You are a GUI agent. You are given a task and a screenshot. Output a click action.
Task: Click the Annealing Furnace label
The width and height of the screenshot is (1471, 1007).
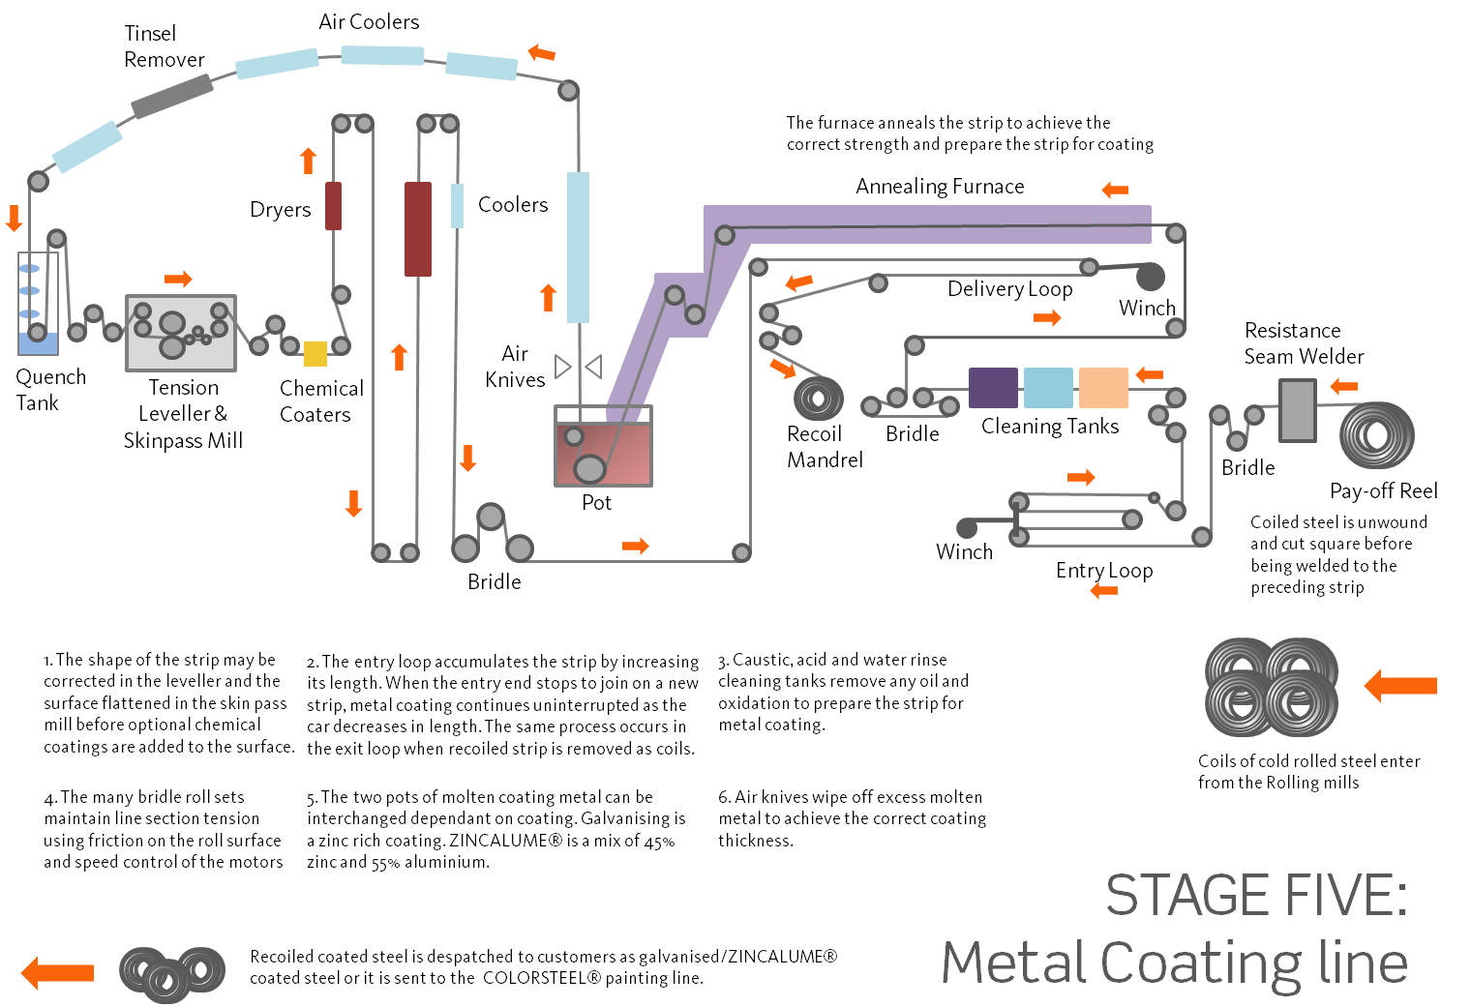[x=939, y=187]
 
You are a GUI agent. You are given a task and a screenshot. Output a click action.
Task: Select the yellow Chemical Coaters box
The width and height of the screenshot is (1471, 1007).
[x=315, y=354]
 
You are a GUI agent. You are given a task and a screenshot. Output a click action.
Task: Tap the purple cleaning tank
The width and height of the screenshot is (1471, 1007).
[x=993, y=388]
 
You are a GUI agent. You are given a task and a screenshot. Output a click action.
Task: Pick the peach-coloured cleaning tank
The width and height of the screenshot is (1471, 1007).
[x=1103, y=388]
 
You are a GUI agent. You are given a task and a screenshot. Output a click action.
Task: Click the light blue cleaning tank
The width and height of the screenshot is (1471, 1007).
[x=1048, y=388]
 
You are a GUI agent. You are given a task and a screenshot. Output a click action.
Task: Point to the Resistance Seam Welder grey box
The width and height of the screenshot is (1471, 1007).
[x=1297, y=410]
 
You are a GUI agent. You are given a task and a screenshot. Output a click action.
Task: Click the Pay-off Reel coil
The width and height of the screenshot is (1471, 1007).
[x=1377, y=435]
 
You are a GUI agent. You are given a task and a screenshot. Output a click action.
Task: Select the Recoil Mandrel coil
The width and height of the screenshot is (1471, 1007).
[x=818, y=398]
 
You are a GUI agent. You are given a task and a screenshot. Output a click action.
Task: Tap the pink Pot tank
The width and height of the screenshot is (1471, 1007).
[x=603, y=455]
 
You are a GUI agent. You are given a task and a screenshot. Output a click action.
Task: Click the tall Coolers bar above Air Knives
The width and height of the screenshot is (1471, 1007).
[x=578, y=247]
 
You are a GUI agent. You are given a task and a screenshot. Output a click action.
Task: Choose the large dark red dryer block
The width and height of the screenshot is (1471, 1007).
[x=417, y=228]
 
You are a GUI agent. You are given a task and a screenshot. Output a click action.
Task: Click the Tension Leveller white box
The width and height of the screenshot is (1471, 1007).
[x=181, y=333]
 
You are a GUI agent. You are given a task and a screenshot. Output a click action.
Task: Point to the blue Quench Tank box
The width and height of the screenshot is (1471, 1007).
[x=39, y=342]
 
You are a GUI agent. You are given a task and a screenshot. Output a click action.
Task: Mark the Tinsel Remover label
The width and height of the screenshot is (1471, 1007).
[x=164, y=46]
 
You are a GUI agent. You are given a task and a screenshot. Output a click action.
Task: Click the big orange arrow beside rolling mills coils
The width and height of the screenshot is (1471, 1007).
[x=1401, y=686]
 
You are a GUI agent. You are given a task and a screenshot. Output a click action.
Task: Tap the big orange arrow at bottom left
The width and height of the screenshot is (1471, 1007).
[x=58, y=972]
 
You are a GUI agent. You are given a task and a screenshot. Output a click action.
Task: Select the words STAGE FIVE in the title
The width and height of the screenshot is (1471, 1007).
[x=1256, y=896]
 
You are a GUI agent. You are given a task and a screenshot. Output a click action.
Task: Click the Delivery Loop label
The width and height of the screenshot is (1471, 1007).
[x=1009, y=289]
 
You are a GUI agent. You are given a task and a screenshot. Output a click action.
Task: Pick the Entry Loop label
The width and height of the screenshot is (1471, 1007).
[x=1103, y=571]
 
